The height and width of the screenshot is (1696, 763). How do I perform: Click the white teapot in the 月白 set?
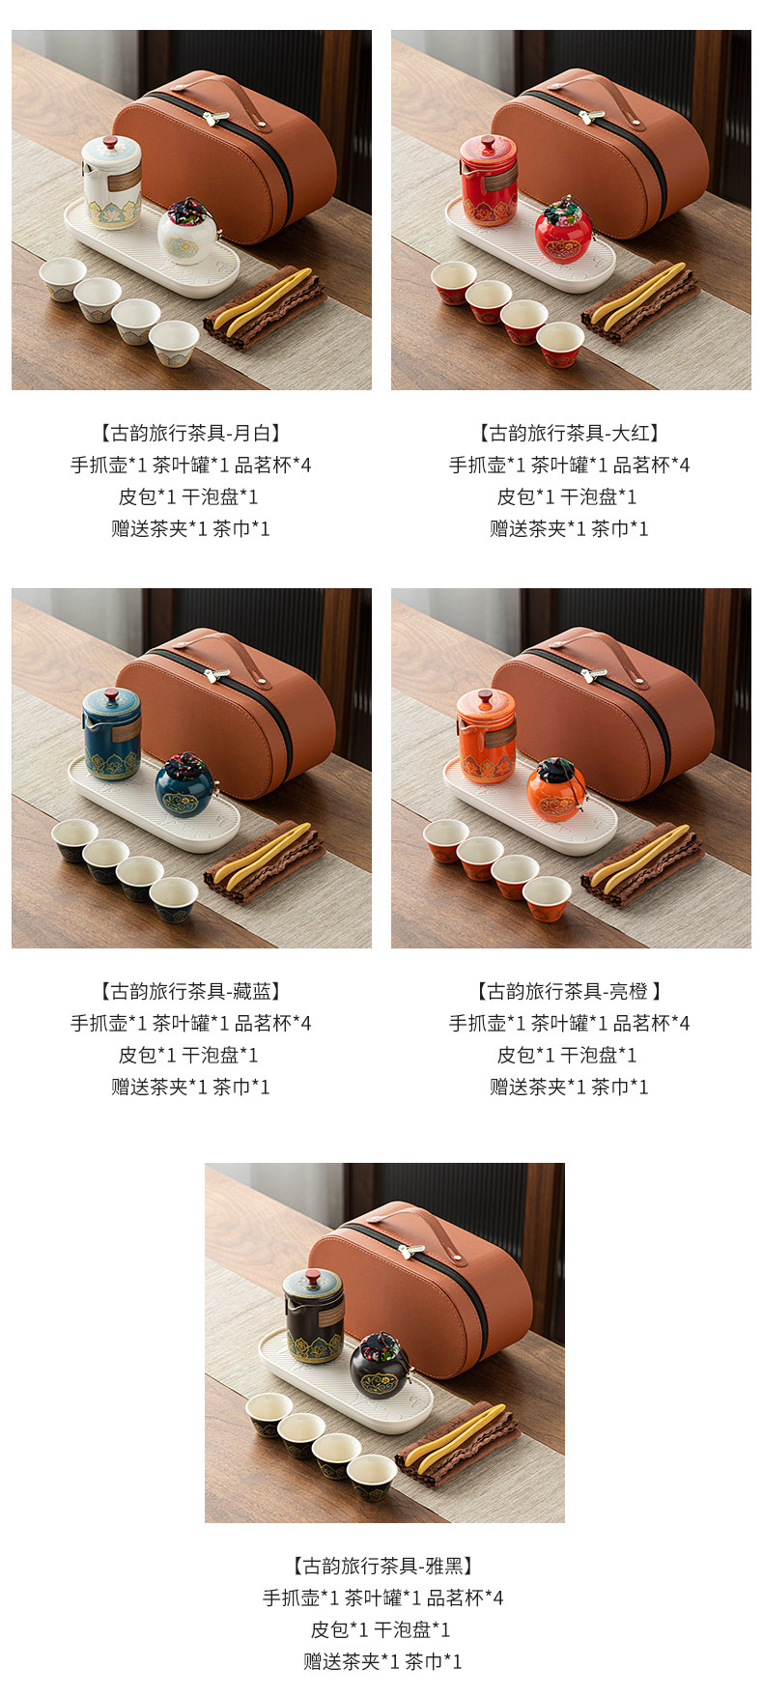tap(110, 182)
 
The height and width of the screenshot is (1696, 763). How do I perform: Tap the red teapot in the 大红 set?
tap(489, 182)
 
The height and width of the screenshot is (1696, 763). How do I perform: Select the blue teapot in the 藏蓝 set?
tap(112, 733)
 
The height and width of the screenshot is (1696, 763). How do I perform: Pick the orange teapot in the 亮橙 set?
tap(487, 734)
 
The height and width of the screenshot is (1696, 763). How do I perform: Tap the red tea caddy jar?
tap(565, 231)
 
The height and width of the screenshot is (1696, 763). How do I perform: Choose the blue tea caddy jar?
tap(184, 786)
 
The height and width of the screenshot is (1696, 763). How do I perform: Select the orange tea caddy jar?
tap(557, 788)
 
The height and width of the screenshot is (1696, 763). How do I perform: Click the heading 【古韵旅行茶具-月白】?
tap(190, 433)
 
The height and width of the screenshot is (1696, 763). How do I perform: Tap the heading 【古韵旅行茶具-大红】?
tap(569, 433)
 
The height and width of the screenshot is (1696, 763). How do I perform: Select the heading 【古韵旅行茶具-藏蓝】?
tap(190, 991)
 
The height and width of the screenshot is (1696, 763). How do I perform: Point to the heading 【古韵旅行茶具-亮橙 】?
tap(569, 991)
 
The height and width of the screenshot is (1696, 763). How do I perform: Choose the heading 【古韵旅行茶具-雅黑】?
tap(382, 1566)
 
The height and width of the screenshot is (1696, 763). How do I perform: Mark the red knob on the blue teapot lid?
tap(112, 696)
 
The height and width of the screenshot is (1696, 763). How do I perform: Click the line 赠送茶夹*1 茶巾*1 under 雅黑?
tap(382, 1661)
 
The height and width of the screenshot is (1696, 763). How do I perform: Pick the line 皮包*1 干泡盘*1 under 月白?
tap(190, 496)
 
